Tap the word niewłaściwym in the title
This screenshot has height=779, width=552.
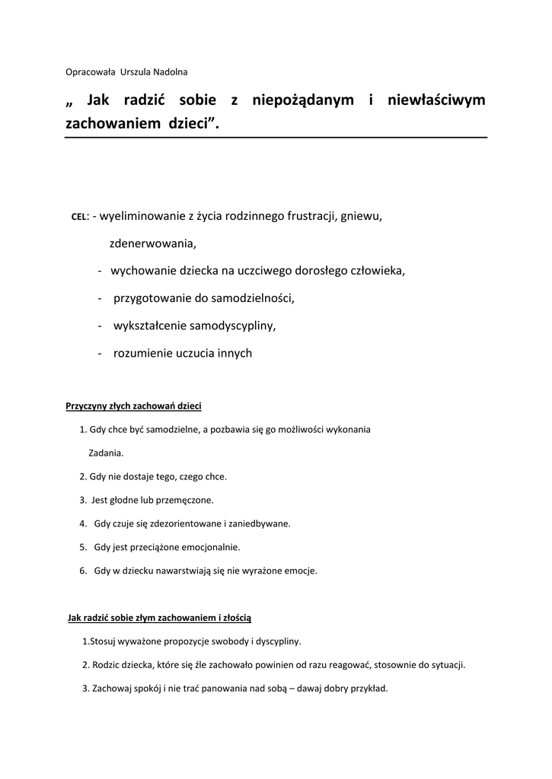pos(436,100)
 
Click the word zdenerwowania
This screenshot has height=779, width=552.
pos(152,243)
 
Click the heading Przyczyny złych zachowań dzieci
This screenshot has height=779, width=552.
pos(133,406)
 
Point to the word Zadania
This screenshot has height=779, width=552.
pos(106,453)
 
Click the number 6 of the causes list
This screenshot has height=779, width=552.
pos(82,570)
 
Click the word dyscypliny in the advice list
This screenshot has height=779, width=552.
pos(279,641)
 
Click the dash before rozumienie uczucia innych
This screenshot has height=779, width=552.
pos(101,353)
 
